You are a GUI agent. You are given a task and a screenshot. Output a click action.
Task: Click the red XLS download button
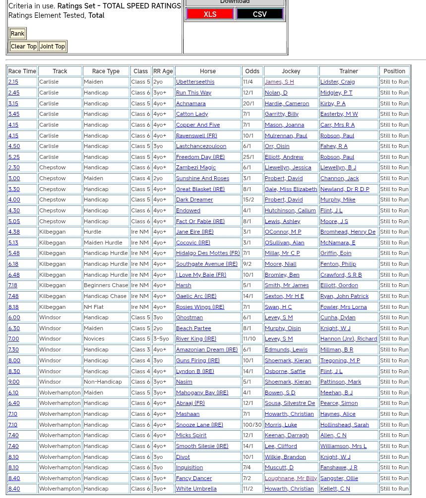click(210, 14)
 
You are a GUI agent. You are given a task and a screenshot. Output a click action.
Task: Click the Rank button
click(17, 34)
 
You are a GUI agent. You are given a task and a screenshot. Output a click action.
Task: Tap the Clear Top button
click(24, 47)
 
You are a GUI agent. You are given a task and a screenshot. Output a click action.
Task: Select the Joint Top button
click(53, 47)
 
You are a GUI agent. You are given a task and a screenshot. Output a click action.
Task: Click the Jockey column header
click(291, 71)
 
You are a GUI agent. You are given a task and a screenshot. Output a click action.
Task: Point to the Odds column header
click(252, 71)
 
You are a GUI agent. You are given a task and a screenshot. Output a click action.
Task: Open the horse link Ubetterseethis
click(195, 82)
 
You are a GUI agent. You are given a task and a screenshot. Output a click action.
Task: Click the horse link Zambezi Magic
click(195, 168)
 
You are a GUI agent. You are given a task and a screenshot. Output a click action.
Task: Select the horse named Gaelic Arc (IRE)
click(196, 296)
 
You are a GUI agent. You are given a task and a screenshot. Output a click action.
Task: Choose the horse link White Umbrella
click(196, 489)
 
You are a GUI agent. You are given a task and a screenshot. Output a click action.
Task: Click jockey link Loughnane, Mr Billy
click(291, 478)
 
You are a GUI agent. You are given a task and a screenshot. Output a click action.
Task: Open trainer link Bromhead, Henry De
click(348, 232)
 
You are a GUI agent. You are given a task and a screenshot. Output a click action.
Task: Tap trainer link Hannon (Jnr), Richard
click(349, 339)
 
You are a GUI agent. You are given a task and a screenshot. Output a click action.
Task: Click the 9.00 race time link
click(14, 382)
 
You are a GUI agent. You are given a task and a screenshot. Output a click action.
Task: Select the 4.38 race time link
click(14, 232)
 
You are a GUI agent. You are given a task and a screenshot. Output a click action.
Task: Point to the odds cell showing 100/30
click(252, 425)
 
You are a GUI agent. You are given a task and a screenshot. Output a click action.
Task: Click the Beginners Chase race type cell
click(106, 286)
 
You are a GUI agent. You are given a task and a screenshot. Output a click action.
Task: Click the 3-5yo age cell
click(161, 339)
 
